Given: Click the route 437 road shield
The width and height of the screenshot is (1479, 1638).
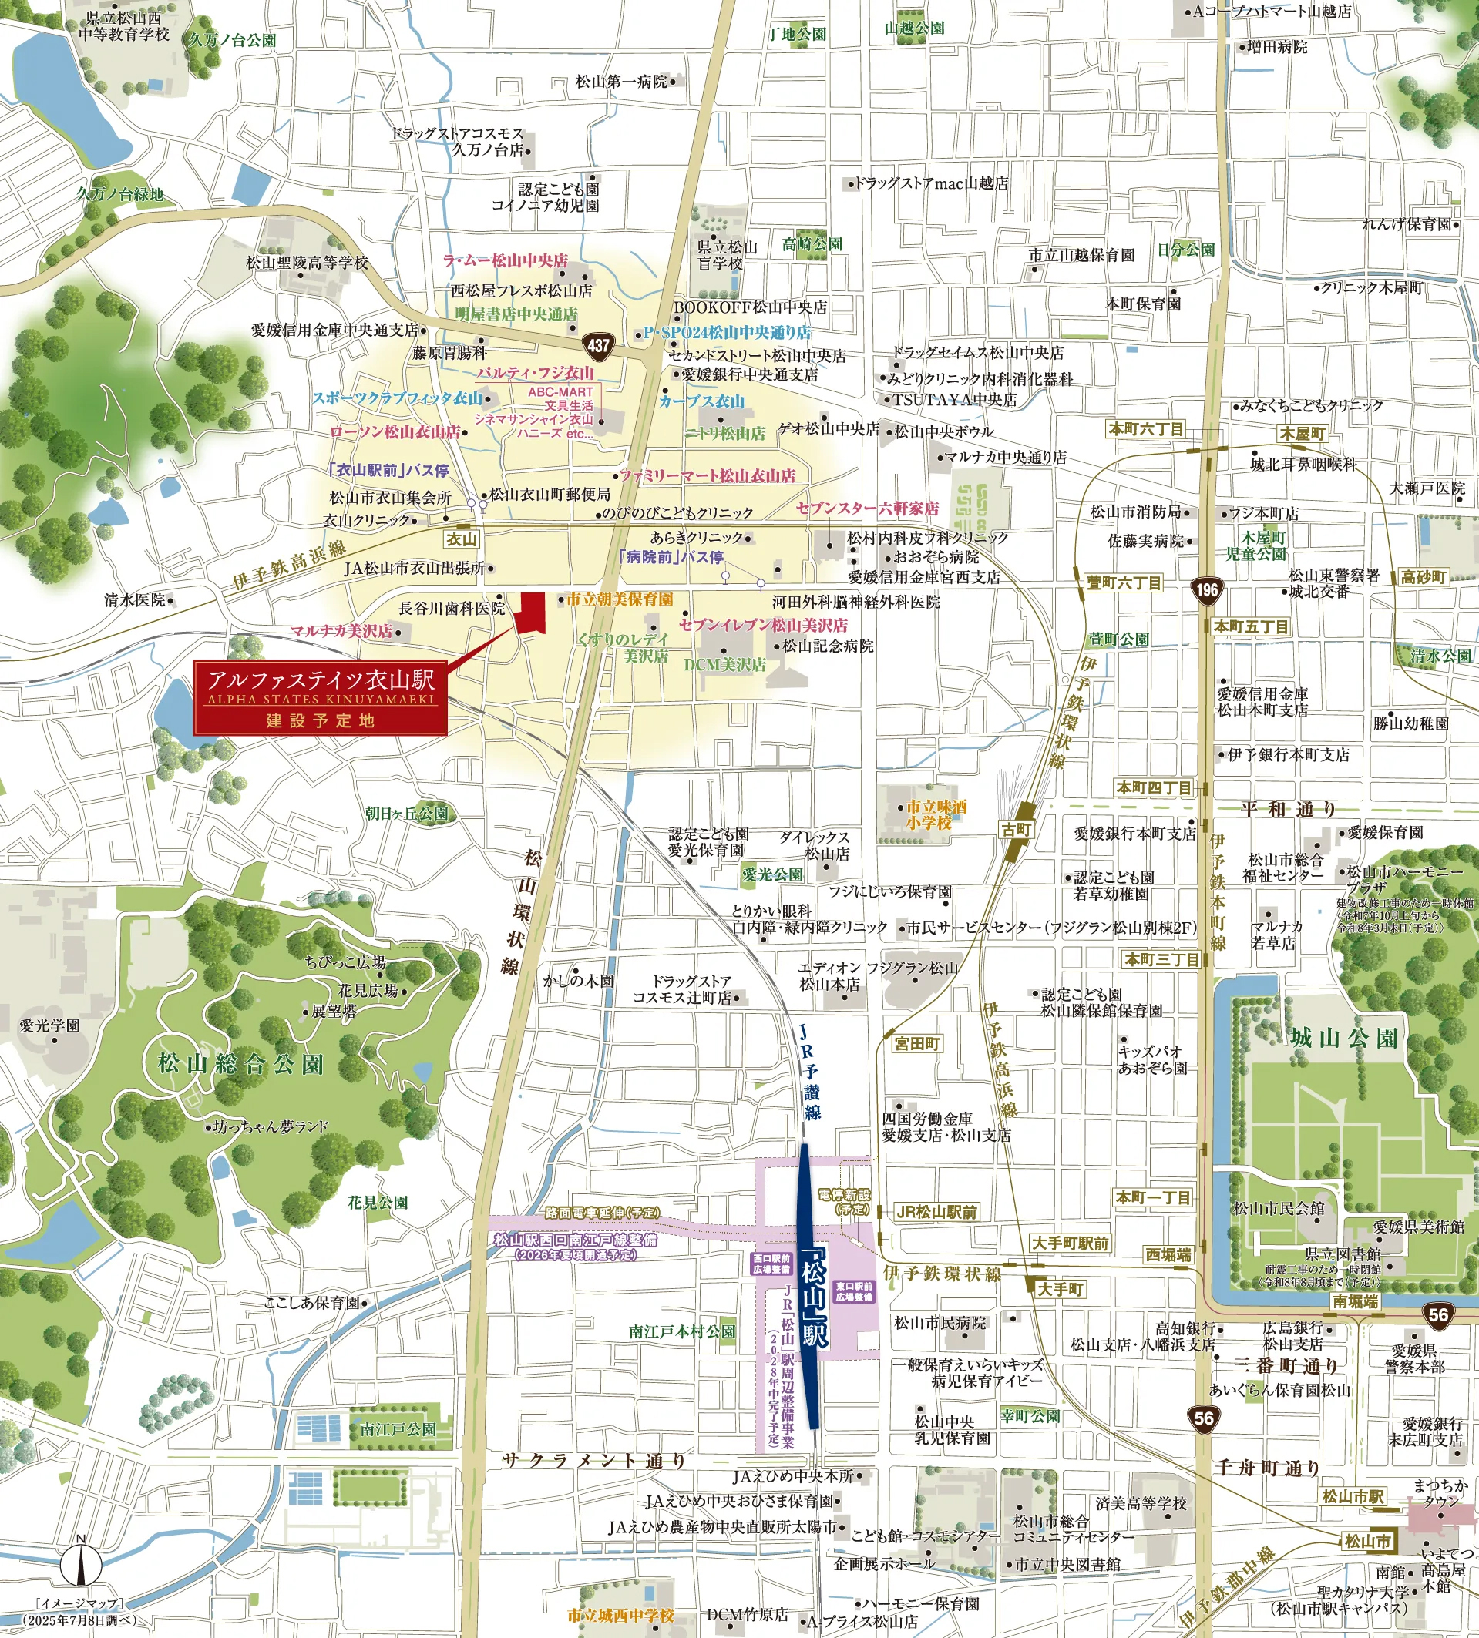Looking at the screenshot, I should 598,345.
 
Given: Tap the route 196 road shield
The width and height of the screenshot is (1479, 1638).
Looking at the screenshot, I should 1207,589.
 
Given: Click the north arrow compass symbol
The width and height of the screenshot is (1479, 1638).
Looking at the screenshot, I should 80,1562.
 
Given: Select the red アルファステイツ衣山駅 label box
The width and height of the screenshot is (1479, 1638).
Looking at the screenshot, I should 320,698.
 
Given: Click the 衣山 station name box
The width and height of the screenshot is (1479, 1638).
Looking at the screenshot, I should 462,539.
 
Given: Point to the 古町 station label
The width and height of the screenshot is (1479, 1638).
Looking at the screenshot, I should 1016,830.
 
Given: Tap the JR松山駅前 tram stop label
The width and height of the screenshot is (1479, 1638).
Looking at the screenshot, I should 936,1211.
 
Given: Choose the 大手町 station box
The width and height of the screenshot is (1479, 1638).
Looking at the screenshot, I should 1060,1289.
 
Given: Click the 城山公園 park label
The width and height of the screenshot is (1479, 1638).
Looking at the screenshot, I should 1344,1039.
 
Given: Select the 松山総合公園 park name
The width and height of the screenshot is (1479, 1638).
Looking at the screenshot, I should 240,1064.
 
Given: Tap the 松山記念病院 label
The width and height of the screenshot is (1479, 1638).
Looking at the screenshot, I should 827,646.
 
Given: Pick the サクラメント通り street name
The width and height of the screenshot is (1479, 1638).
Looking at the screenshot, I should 594,1460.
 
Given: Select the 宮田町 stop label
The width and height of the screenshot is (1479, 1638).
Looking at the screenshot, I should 916,1043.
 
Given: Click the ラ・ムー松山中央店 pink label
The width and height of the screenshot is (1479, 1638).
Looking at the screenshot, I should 505,261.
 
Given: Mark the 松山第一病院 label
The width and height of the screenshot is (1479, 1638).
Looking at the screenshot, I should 621,81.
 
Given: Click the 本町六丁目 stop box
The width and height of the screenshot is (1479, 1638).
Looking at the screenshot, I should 1147,429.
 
